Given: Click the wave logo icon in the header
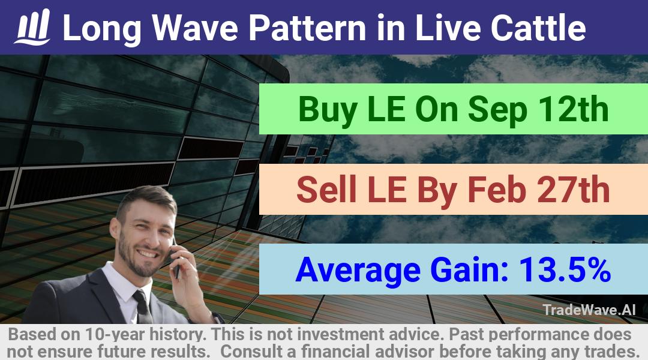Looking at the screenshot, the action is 32,27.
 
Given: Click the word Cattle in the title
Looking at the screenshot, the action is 538,28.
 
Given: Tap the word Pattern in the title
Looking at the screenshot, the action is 307,28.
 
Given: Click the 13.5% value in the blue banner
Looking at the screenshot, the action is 565,269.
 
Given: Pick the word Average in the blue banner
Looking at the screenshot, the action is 358,271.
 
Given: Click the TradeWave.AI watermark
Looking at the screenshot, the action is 589,310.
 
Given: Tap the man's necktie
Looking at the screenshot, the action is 143,306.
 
